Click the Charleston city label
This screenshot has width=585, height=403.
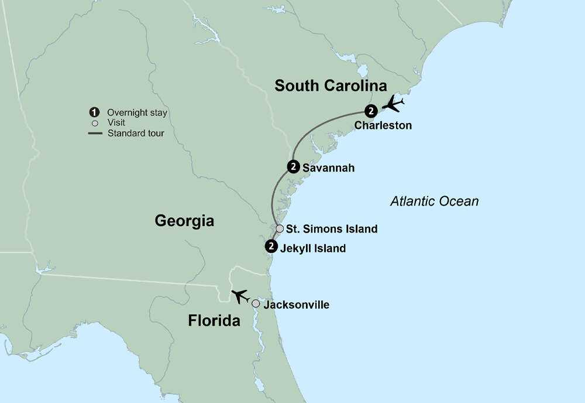(383, 125)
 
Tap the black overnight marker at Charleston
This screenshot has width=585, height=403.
(370, 110)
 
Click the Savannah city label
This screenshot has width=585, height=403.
(328, 168)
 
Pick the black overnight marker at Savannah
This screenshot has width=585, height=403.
(294, 167)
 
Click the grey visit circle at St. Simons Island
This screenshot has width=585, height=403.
(280, 228)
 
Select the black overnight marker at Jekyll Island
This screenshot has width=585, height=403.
(271, 247)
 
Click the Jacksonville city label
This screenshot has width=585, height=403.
(296, 305)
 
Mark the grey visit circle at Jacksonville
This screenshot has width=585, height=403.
(256, 303)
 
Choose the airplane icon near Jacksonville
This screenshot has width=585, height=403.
(240, 296)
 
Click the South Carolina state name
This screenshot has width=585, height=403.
(331, 86)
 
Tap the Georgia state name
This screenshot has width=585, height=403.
(184, 221)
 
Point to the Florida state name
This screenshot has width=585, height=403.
(214, 321)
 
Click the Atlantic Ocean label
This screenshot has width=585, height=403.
(434, 201)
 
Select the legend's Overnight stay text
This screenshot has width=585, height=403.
(137, 112)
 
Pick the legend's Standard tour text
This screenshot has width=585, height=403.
(136, 133)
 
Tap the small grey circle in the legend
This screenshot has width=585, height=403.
(94, 123)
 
